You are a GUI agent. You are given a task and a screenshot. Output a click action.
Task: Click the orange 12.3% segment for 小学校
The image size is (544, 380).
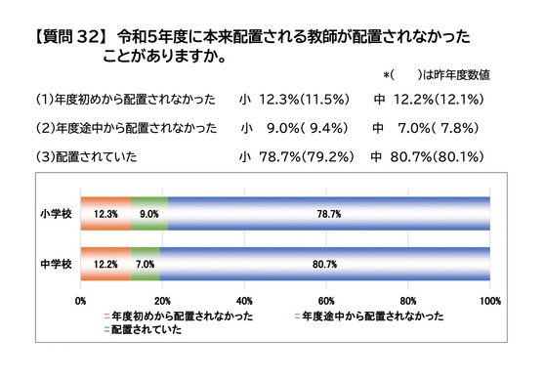click(x=105, y=213)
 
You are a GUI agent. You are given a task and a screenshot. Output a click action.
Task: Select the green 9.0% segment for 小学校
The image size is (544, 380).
click(x=149, y=213)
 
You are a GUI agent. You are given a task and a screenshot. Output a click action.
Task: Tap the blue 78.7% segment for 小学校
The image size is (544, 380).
click(x=329, y=213)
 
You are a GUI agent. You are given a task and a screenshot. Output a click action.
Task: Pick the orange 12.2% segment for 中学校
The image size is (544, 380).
click(x=105, y=264)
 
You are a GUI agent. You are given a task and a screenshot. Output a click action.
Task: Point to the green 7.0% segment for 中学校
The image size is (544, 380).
click(x=145, y=264)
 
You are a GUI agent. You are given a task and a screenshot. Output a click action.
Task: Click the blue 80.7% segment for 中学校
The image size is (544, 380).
click(x=324, y=264)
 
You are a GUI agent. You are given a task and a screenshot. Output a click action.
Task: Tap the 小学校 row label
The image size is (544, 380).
click(x=56, y=214)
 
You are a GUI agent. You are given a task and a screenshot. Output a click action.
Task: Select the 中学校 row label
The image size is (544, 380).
click(x=56, y=265)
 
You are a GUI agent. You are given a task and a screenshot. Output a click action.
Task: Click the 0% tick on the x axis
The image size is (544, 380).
click(x=80, y=301)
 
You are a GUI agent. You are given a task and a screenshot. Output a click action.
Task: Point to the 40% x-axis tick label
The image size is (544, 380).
click(x=244, y=301)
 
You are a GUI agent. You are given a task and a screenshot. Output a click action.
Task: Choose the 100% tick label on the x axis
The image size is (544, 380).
click(x=490, y=301)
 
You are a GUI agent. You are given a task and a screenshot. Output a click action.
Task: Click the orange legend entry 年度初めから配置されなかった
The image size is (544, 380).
click(x=179, y=317)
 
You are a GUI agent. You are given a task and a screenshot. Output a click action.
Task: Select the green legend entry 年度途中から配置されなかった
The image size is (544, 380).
click(x=369, y=317)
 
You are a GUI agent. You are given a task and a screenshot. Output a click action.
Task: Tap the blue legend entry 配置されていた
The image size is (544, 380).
click(x=143, y=329)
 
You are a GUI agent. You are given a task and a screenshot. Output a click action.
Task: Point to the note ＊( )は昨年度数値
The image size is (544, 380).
click(x=437, y=75)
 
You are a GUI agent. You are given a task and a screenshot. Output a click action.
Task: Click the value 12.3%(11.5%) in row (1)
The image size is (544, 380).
click(x=304, y=100)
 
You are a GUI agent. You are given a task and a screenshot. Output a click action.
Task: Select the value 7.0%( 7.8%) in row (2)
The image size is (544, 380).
click(x=438, y=128)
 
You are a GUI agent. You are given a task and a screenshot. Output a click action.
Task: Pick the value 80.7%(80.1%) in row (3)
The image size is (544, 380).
click(x=437, y=157)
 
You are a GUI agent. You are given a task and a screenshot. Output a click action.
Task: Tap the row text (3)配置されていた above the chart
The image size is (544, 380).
click(x=87, y=157)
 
